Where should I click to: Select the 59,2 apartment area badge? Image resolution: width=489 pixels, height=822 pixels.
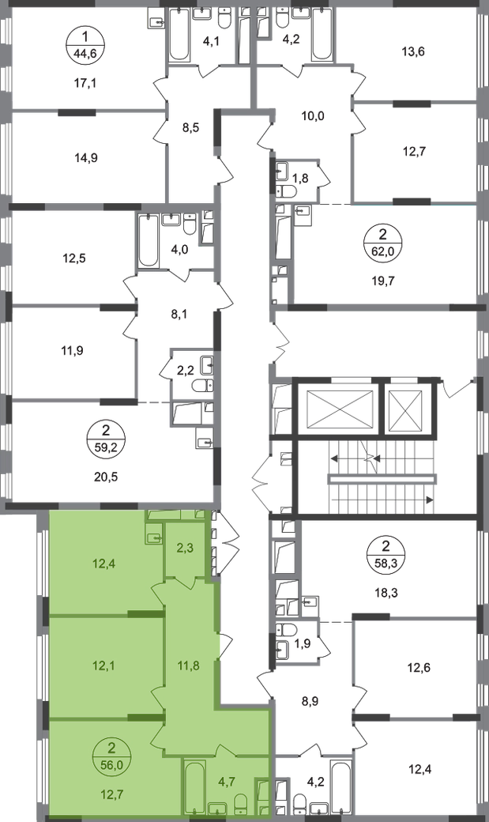(x=107, y=438)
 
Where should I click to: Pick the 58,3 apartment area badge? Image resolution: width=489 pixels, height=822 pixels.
(x=386, y=553)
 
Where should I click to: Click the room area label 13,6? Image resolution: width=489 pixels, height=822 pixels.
(x=413, y=51)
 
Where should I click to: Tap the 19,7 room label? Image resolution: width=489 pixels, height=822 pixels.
(x=384, y=281)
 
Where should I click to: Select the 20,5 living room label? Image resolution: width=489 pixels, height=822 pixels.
(x=107, y=477)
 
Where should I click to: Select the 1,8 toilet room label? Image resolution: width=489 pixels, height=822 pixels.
(x=300, y=179)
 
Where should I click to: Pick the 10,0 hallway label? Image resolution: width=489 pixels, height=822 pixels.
(x=314, y=116)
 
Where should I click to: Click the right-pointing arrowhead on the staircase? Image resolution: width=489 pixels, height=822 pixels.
(x=430, y=500)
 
